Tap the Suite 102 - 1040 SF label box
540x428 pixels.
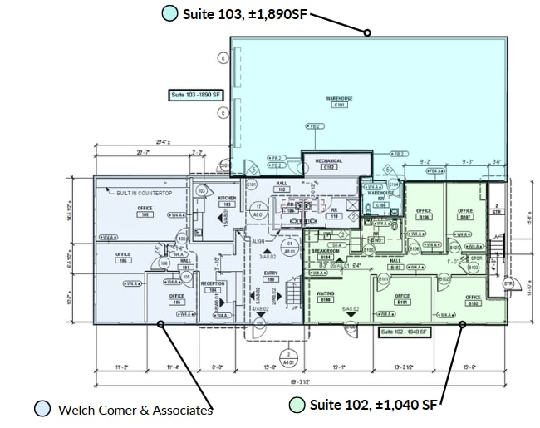click(x=403, y=332)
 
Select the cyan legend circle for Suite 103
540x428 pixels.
click(x=169, y=13)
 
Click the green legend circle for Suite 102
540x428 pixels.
click(x=297, y=405)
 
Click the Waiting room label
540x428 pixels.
click(x=326, y=296)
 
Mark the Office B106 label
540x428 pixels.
click(x=424, y=214)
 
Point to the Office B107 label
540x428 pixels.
click(x=465, y=214)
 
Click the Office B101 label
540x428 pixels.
click(x=403, y=299)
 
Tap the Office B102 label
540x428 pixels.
click(x=473, y=300)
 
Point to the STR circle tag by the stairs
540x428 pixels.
click(x=508, y=283)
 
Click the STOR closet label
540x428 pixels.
click(x=476, y=259)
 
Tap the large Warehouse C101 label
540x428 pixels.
click(x=339, y=101)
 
